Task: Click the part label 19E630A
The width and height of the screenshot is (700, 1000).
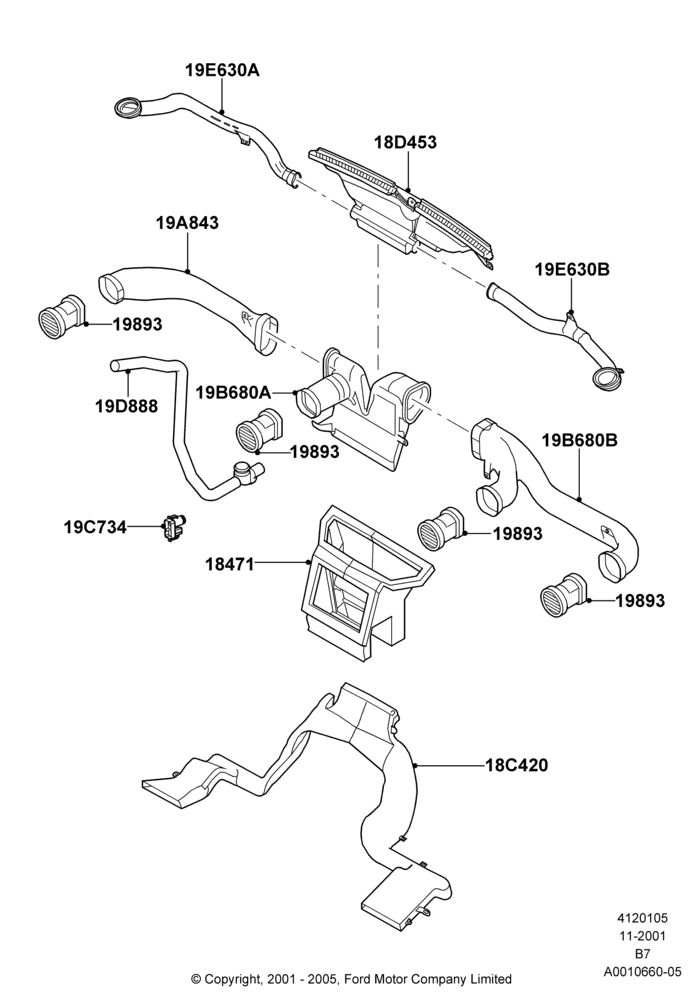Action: tap(222, 70)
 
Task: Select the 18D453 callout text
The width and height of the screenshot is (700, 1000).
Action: tap(405, 142)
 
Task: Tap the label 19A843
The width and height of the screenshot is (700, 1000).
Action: tap(187, 223)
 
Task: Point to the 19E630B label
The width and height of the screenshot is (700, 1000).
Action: tap(572, 270)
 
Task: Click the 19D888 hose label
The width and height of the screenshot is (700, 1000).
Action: tap(126, 406)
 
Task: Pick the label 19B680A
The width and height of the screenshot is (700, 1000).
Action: tap(233, 392)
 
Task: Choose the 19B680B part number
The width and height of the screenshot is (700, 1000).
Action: tap(580, 440)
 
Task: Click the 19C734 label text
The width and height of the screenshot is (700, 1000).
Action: tap(95, 527)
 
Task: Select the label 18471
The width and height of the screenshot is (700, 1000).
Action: tap(230, 564)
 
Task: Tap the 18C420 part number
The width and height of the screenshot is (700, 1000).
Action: tap(516, 765)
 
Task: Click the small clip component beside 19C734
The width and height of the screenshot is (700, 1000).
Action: tap(172, 527)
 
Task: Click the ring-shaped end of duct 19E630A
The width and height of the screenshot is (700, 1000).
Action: tap(128, 107)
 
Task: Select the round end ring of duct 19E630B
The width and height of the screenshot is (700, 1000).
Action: tap(606, 377)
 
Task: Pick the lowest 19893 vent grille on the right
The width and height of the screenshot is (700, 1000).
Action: tap(563, 593)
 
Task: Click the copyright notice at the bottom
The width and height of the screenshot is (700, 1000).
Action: tap(351, 978)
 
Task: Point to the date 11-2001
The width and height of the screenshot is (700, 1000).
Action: tap(642, 936)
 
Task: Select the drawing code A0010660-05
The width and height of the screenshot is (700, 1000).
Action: tap(643, 971)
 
